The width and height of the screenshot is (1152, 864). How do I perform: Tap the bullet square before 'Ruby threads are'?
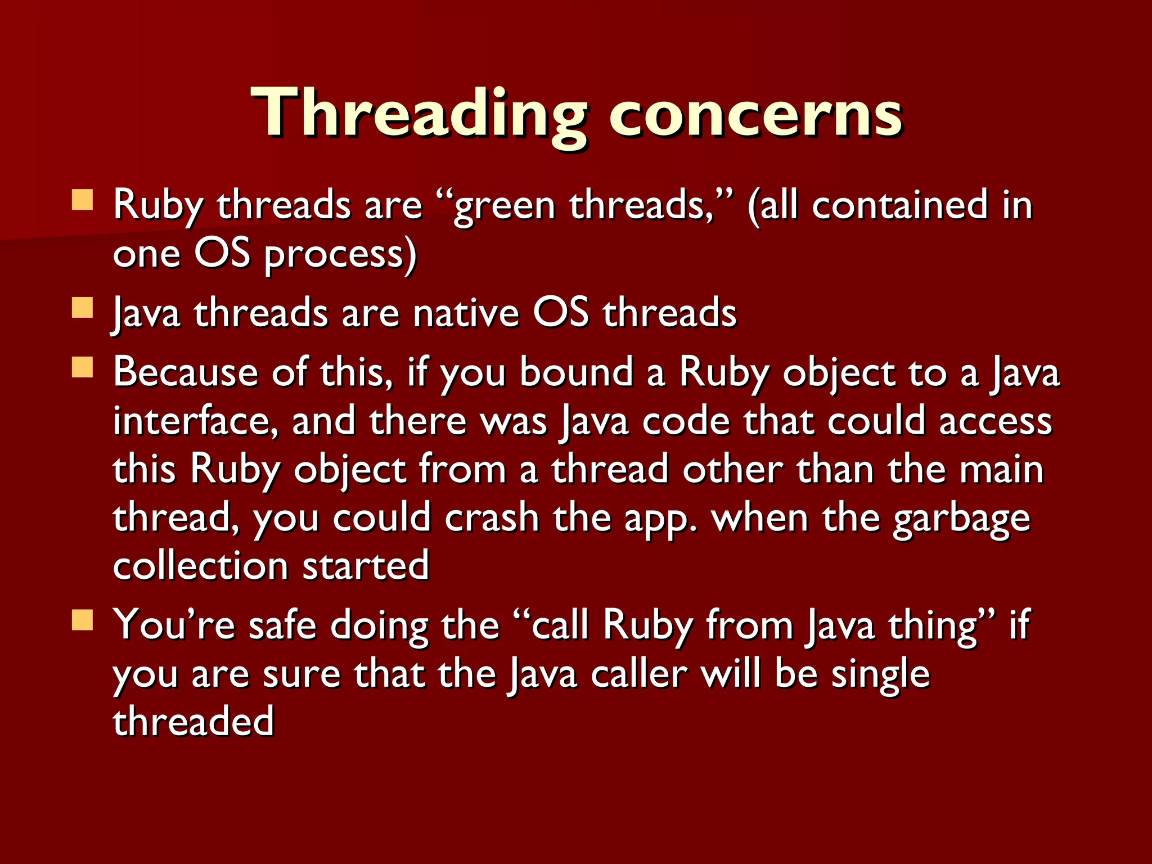pos(83,200)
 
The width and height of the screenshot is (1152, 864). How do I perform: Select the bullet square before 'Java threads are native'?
pos(83,308)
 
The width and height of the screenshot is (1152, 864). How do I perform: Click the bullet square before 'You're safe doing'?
pos(83,620)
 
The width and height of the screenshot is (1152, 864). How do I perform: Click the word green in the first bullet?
pos(503,206)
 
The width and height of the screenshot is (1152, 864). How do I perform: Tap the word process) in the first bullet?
pos(340,255)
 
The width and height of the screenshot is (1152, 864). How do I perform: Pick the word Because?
pos(186,372)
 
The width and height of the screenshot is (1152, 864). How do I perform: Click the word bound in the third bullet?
pos(576,372)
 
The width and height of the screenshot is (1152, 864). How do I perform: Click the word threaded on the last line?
pos(193,722)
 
